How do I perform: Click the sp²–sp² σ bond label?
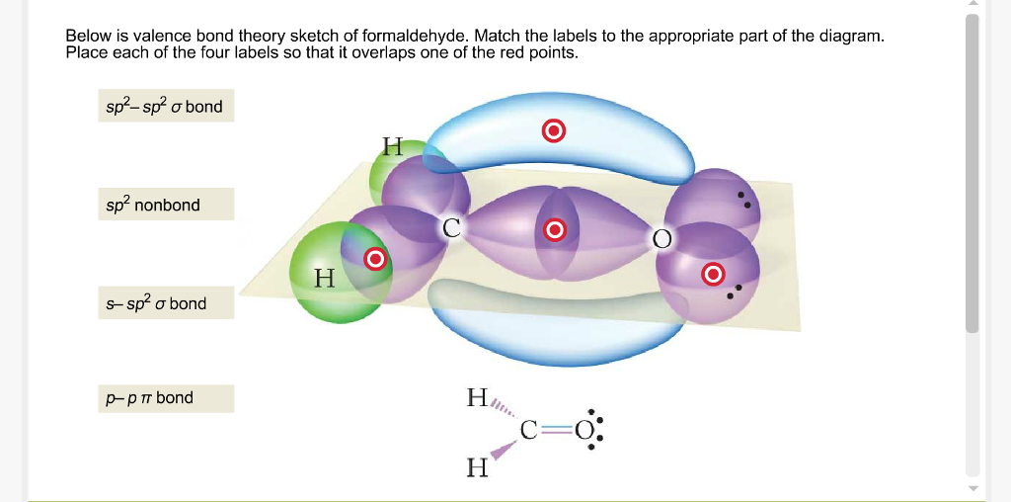tap(166, 106)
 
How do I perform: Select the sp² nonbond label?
tap(166, 205)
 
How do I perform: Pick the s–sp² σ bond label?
tap(166, 302)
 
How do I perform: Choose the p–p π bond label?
tap(166, 397)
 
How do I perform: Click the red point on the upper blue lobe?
tap(553, 131)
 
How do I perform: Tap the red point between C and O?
tap(555, 229)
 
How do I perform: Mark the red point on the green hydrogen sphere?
tap(375, 259)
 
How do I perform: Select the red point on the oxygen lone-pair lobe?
tap(713, 275)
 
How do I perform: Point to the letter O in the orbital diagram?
tap(661, 239)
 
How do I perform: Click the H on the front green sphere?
tap(325, 279)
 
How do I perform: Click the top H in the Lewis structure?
tap(477, 397)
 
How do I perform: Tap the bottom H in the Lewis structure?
tap(477, 467)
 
